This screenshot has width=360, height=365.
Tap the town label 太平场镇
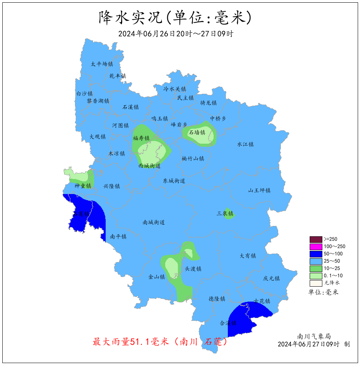(102, 64)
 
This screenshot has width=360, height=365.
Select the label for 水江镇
(245, 144)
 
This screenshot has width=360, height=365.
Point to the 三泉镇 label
(225, 214)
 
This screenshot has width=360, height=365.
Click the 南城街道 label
(154, 222)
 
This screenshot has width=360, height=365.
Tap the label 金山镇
(157, 277)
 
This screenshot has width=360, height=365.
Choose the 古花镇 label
(262, 301)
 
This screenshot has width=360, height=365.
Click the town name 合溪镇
(228, 323)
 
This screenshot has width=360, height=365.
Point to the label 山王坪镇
(259, 191)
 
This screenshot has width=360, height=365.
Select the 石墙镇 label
(197, 133)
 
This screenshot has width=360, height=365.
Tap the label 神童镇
(83, 186)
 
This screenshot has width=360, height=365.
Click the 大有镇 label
(248, 256)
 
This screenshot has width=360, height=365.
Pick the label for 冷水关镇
(175, 89)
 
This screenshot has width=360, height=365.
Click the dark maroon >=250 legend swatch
(316, 239)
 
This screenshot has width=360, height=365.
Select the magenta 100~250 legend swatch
(316, 247)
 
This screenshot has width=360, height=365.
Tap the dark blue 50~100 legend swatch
(316, 254)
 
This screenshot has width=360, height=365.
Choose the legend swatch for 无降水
(316, 283)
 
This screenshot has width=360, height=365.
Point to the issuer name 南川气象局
(314, 336)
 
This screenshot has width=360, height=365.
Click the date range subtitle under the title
(176, 34)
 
